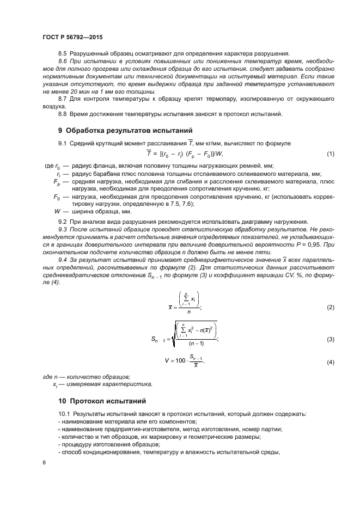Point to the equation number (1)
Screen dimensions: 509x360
[330, 154]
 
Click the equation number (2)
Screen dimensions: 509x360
[330, 308]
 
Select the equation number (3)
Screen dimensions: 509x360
[330, 340]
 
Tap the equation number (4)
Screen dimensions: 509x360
[330, 363]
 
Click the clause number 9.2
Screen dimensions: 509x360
[63, 222]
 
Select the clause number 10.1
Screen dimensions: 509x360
[64, 414]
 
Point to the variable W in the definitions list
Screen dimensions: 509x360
[58, 211]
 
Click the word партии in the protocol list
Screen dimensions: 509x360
[271, 430]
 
